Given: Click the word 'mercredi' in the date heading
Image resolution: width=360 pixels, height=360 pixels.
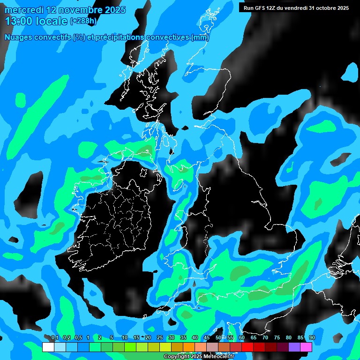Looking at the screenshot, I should pos(23,10).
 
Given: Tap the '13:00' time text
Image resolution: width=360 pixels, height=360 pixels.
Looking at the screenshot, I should pos(18,21).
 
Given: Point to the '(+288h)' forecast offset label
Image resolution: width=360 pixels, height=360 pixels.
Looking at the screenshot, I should pos(83,21).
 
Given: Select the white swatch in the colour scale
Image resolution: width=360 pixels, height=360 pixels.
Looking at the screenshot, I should pos(48,347).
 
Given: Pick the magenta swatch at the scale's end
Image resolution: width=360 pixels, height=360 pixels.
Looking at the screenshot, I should pos(306,347).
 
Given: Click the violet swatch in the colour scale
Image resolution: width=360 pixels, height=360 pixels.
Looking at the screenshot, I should pos(294,347).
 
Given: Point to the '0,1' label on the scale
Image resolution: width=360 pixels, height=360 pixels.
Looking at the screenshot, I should pos(54,338).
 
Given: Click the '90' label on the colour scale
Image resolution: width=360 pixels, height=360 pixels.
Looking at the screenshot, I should pos(312,338).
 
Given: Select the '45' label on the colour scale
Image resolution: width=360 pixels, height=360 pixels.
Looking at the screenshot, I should pos(207,338).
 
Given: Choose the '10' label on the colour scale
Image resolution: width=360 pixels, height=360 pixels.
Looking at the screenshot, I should pos(124,338).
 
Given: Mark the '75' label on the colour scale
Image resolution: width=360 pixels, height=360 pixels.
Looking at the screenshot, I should pos(277,338).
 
